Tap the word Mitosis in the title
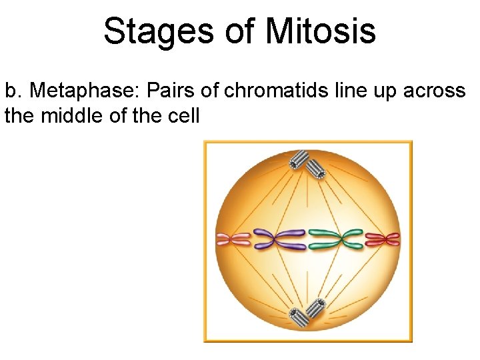(x=321, y=31)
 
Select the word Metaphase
(x=82, y=90)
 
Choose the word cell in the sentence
(x=185, y=115)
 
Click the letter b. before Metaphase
(x=13, y=90)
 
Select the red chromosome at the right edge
(x=382, y=239)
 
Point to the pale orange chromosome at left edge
(x=233, y=239)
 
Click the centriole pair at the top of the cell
(x=307, y=163)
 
